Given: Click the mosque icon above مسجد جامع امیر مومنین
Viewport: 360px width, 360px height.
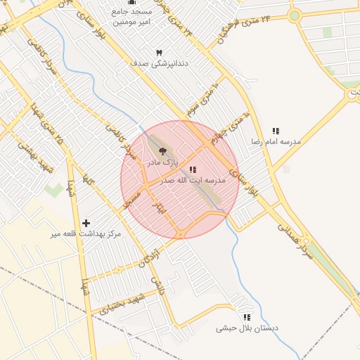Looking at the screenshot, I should point(131,2).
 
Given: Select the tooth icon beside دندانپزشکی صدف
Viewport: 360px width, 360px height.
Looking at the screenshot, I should point(159,53).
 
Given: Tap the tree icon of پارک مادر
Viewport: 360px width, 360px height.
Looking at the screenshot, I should point(162,150).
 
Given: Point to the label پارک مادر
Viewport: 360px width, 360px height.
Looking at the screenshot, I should point(162,162).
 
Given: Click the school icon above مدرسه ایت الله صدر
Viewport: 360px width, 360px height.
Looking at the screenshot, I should point(193,169).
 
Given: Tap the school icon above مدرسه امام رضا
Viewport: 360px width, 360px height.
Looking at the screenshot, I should point(276,131).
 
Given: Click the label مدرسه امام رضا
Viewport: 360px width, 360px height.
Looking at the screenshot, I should point(276,141).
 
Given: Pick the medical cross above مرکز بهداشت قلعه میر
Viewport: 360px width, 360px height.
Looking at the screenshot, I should point(86,223).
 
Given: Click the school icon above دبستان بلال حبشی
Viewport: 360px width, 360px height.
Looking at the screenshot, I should point(247,317).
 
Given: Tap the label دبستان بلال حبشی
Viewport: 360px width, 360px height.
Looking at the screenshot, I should point(247,328).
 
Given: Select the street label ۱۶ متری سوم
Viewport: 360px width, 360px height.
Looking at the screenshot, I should point(203,101).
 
